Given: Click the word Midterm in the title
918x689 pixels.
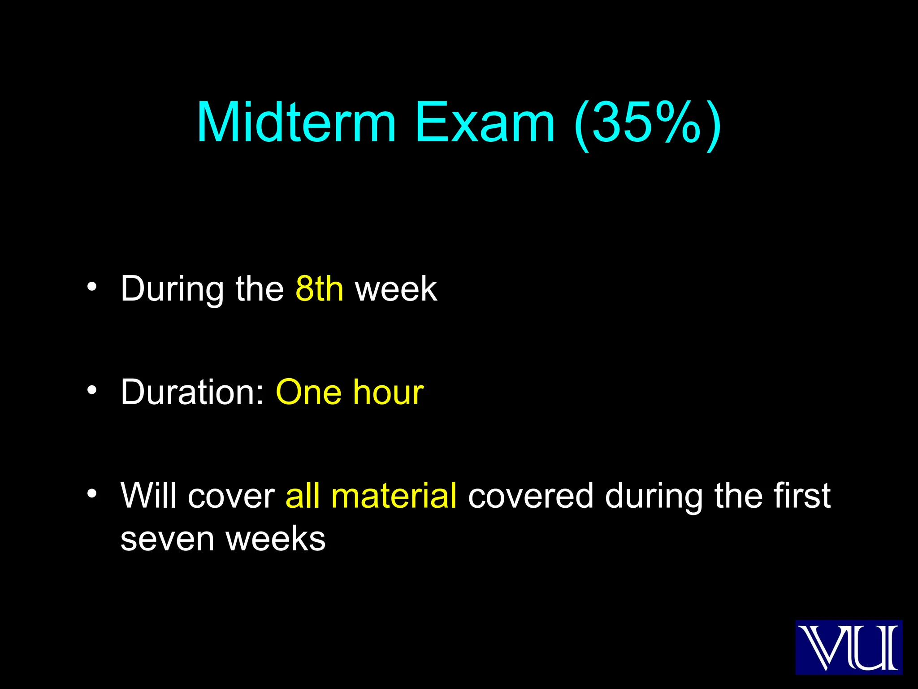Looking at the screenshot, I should (x=296, y=122).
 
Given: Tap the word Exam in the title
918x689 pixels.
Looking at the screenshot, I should (x=485, y=122).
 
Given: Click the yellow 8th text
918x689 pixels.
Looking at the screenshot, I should (x=320, y=289).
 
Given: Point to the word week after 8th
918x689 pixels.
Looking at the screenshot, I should (x=396, y=289).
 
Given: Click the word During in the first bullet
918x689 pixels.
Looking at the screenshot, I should (x=172, y=290).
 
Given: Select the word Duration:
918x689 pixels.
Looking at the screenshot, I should (x=193, y=392).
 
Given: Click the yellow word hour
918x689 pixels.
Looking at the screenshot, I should (x=388, y=392).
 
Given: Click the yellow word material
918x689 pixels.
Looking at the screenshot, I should (x=394, y=496).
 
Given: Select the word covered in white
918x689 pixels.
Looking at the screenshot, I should (x=531, y=496).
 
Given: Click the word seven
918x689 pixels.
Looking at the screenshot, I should (x=167, y=539).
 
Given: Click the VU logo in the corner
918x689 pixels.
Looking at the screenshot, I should (x=849, y=647).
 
